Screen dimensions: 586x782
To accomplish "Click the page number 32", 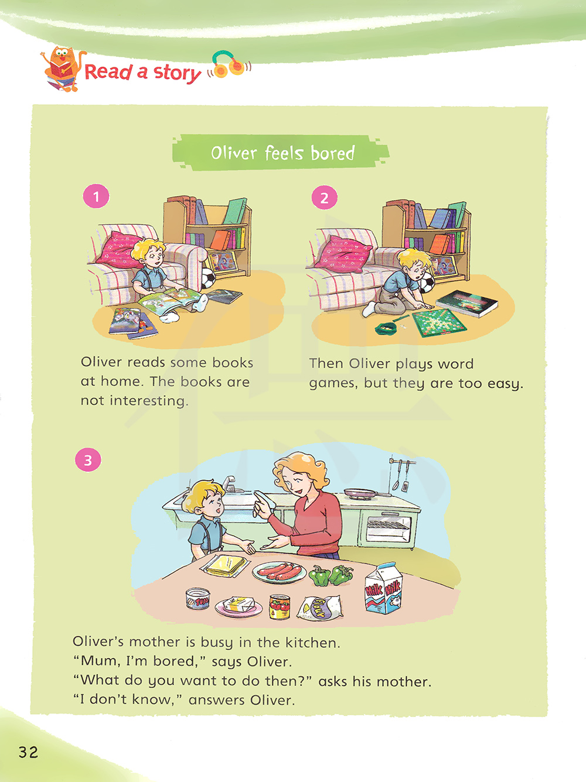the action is point(28,752).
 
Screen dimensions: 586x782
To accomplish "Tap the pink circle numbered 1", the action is point(96,196).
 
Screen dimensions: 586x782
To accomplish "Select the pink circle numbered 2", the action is point(324,197).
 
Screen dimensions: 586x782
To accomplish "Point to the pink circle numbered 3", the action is point(88,460).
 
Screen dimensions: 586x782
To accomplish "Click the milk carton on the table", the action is point(383,588).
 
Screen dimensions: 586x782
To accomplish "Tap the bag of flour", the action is point(321,607).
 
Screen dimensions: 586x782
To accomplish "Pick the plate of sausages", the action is point(279,571).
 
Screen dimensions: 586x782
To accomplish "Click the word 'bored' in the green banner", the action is point(332,153).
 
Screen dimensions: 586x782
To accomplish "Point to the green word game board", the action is point(439,323).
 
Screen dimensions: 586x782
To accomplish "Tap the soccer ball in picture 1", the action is point(208,278).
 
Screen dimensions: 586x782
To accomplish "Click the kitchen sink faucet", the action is point(229,483).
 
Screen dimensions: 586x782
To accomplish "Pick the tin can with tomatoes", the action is point(280,606).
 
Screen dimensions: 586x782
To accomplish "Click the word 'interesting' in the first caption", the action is point(148,400).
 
